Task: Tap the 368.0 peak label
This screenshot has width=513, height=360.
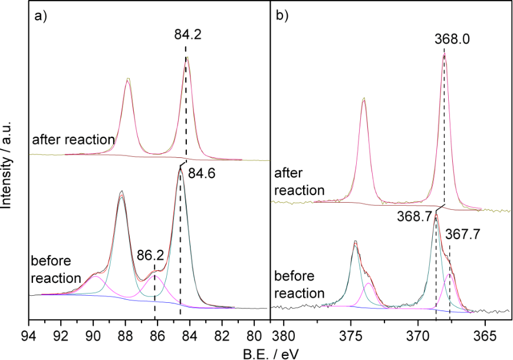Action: pos(444,39)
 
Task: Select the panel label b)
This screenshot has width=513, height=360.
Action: pos(282,16)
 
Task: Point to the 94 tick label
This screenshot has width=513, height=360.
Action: pos(29,333)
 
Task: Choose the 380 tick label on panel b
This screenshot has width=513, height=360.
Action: pos(284,333)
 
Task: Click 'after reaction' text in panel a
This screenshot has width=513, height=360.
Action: pos(73,140)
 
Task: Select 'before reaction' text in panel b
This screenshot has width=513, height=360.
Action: pos(300,284)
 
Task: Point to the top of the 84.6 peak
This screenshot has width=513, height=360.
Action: pos(180,167)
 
